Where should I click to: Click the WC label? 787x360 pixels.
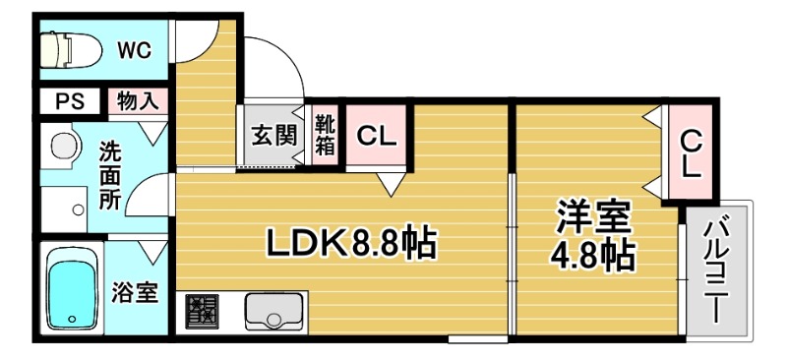(134, 51)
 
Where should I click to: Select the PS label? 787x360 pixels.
(68, 100)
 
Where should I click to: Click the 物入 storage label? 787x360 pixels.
(137, 100)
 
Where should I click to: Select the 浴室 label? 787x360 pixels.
(135, 293)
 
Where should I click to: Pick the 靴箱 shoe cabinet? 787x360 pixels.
(325, 136)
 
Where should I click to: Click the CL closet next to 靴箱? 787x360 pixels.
(376, 137)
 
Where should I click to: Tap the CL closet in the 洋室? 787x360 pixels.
(692, 152)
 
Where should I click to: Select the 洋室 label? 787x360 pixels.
(593, 216)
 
